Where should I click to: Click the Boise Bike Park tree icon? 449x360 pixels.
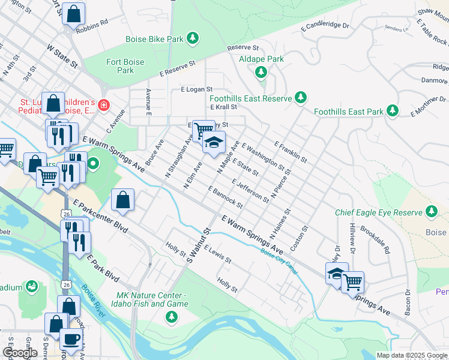pyautogui.click(x=192, y=40)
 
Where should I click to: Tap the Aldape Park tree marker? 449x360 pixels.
pyautogui.click(x=261, y=73)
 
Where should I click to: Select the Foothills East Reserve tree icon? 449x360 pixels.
pyautogui.click(x=301, y=97)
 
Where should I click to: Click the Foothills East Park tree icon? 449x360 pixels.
pyautogui.click(x=393, y=110)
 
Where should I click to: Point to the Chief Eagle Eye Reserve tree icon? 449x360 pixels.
pyautogui.click(x=431, y=211)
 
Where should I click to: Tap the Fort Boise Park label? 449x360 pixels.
pyautogui.click(x=125, y=65)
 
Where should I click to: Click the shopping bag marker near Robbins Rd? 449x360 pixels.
pyautogui.click(x=73, y=14)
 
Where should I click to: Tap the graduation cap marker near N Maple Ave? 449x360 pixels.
pyautogui.click(x=214, y=143)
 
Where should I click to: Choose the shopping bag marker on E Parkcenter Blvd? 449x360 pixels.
pyautogui.click(x=122, y=200)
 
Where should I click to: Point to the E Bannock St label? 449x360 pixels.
pyautogui.click(x=225, y=197)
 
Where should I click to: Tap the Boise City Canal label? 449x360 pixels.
pyautogui.click(x=279, y=262)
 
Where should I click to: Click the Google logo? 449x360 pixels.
pyautogui.click(x=20, y=353)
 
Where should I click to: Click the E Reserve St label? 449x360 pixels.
pyautogui.click(x=178, y=68)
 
